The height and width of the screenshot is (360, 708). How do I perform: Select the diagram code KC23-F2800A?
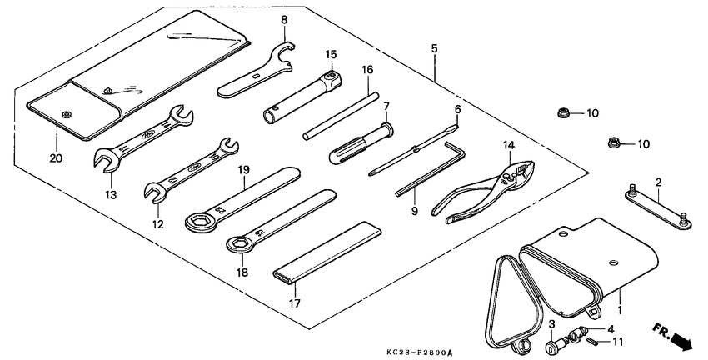tap(419, 352)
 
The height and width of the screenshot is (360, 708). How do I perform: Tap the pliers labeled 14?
tap(484, 192)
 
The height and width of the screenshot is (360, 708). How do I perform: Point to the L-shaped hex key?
tap(431, 169)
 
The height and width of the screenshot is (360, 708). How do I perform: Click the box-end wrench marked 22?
tap(242, 199)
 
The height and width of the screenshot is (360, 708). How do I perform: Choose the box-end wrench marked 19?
tap(281, 221)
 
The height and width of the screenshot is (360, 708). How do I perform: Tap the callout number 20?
tap(57, 158)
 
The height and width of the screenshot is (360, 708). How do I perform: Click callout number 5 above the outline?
tap(434, 48)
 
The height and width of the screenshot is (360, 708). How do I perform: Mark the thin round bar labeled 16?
tap(341, 116)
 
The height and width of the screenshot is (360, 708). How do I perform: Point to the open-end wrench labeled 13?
tap(143, 138)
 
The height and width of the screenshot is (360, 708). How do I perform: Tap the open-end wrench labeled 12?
tap(191, 168)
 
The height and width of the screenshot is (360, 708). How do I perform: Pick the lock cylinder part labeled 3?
tap(554, 347)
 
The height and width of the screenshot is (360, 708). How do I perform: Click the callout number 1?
tap(620, 310)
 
